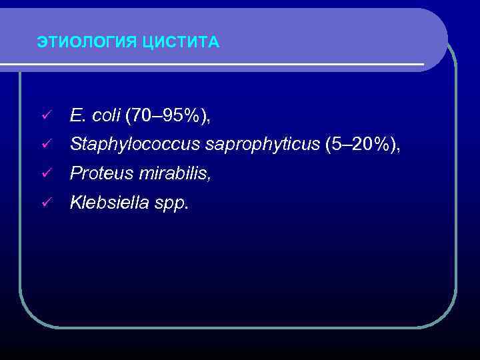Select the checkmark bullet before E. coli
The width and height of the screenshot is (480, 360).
tap(46, 116)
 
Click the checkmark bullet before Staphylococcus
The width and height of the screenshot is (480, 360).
tap(46, 144)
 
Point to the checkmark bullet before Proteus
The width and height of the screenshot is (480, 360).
tap(46, 174)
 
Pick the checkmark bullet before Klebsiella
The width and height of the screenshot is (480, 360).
tap(46, 203)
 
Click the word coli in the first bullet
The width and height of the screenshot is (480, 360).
tap(106, 115)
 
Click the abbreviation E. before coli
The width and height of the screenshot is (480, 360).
tap(78, 115)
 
